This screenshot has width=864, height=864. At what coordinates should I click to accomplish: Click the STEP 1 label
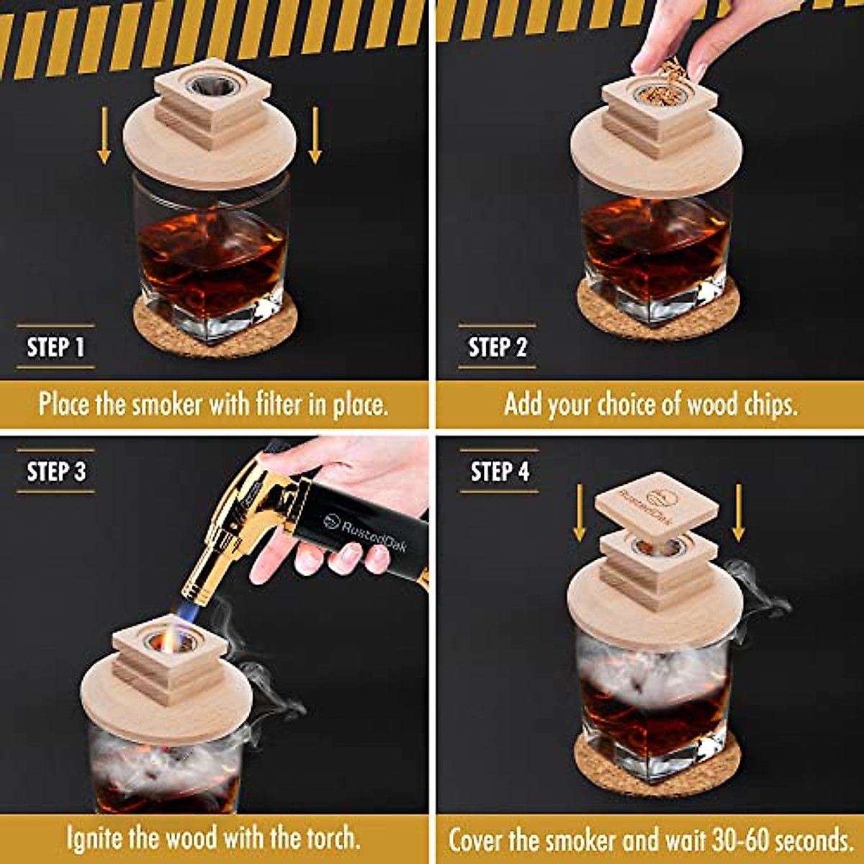(55, 347)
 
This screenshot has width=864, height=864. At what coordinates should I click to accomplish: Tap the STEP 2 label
(498, 347)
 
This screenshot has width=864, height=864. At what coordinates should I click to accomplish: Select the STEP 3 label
(56, 472)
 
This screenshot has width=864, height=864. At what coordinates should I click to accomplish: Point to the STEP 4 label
(500, 472)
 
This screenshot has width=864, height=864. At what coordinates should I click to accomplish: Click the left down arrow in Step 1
(104, 135)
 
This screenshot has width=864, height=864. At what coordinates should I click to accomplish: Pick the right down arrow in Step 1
(315, 135)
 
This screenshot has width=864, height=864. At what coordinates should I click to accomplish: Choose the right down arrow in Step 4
(738, 513)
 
